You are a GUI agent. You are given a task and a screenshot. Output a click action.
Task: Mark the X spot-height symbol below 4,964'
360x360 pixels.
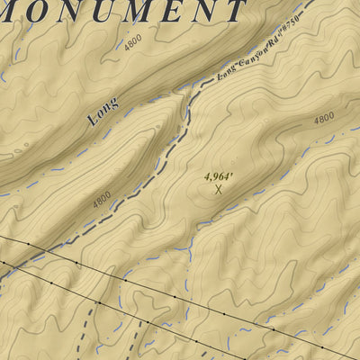218,189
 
